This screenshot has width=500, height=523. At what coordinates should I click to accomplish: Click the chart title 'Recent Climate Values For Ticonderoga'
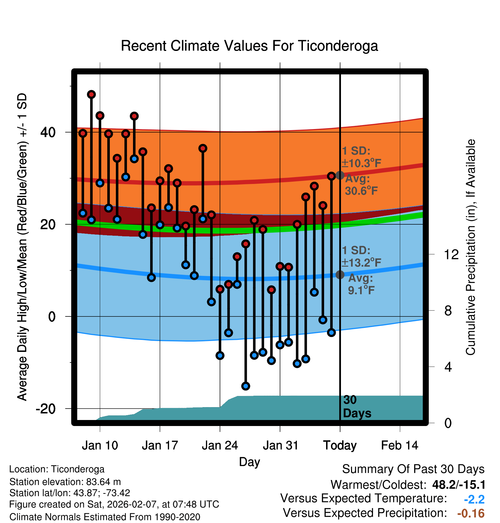[x=249, y=46]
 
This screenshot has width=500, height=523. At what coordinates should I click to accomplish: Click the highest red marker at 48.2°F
[x=91, y=94]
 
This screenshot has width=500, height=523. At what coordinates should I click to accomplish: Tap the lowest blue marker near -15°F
[x=246, y=386]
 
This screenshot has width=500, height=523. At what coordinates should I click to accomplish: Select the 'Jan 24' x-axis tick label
[x=220, y=445]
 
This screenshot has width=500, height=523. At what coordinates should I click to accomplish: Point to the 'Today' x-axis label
[x=340, y=445]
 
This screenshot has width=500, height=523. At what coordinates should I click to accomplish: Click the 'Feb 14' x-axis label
[x=400, y=445]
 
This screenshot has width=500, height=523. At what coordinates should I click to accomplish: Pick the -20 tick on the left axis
[x=46, y=409]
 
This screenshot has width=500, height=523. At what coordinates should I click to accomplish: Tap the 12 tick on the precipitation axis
[x=451, y=254]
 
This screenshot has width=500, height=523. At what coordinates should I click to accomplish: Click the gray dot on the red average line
[x=340, y=175]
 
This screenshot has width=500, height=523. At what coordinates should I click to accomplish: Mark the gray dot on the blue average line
[x=340, y=275]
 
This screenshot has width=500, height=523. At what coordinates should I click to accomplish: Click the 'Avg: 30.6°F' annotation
[x=361, y=185]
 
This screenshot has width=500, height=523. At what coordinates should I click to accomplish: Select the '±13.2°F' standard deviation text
[x=362, y=262]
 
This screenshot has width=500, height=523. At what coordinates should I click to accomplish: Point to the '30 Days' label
[x=357, y=407]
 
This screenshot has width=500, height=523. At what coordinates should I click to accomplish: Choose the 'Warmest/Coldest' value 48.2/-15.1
[x=459, y=485]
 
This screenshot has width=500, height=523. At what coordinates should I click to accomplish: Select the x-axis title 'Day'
[x=249, y=462]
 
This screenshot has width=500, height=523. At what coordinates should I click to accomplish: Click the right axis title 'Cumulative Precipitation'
[x=470, y=247]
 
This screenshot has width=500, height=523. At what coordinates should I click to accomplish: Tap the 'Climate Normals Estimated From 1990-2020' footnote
[x=105, y=517]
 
